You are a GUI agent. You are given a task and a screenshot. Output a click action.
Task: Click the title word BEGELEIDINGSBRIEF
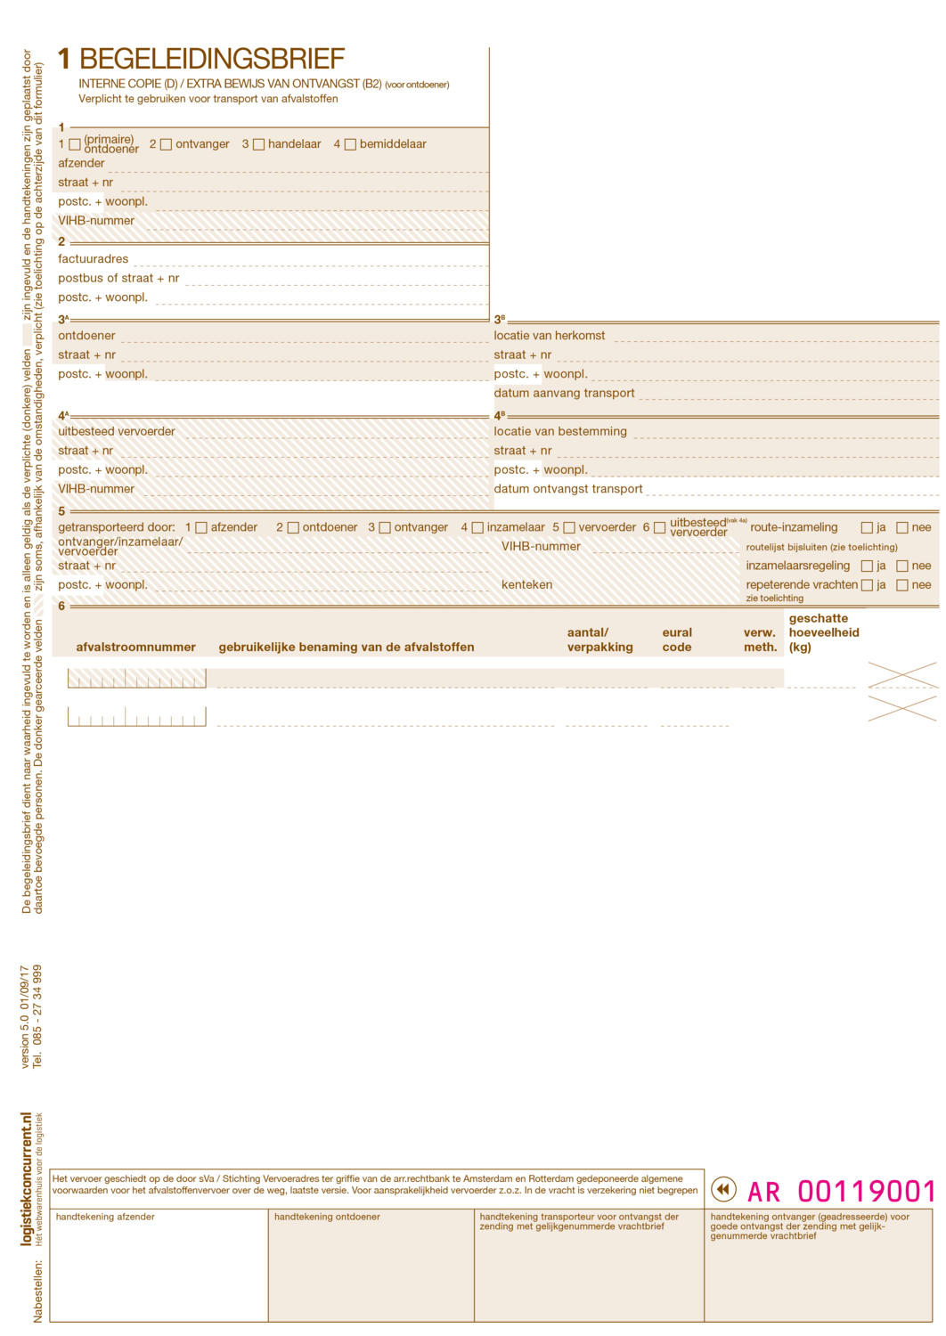click(x=212, y=59)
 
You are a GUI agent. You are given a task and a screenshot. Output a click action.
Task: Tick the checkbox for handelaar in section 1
click(x=259, y=144)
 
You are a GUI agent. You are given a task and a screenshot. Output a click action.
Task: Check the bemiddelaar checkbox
click(x=350, y=144)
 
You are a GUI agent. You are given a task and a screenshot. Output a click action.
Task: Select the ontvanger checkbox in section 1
click(x=166, y=144)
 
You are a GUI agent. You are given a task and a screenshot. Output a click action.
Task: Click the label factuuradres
click(x=94, y=259)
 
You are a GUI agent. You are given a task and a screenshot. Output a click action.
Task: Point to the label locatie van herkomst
click(x=550, y=336)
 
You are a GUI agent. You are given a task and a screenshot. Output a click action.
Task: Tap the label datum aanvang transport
click(x=565, y=393)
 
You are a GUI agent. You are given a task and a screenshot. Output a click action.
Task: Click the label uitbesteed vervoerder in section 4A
click(x=117, y=431)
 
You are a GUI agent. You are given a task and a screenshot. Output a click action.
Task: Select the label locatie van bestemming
click(x=560, y=431)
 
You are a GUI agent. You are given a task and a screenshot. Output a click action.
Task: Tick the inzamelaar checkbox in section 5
click(x=477, y=527)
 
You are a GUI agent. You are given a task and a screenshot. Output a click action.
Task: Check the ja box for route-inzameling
click(x=867, y=527)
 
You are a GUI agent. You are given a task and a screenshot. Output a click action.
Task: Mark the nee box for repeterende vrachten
click(x=902, y=585)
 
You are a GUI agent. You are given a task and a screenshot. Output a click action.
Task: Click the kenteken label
click(x=526, y=585)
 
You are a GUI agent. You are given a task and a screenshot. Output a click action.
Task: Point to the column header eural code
click(x=677, y=639)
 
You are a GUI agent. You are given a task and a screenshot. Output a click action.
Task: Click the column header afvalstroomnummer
click(x=136, y=648)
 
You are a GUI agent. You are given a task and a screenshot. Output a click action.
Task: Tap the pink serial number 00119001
click(x=867, y=1191)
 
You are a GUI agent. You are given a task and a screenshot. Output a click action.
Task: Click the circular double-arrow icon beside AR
click(x=724, y=1189)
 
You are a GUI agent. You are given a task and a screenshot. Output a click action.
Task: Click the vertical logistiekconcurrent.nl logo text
click(x=27, y=1178)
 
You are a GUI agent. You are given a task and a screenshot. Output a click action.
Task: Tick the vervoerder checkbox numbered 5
click(x=569, y=527)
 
